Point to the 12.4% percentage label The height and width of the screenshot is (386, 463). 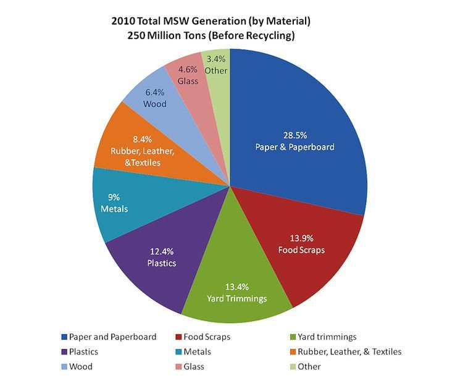pos(162,251)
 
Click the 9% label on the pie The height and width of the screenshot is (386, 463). pos(114,198)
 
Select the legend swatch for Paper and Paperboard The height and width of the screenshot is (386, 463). pos(64,337)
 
